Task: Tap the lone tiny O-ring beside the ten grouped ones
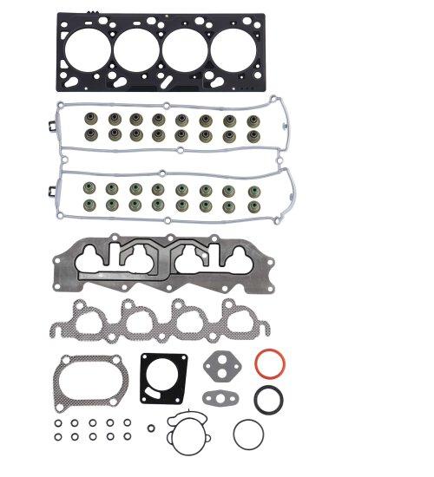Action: [x=151, y=428]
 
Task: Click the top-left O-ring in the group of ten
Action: [x=57, y=424]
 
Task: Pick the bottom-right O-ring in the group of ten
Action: [x=128, y=436]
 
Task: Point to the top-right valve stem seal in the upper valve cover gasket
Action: [x=253, y=118]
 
